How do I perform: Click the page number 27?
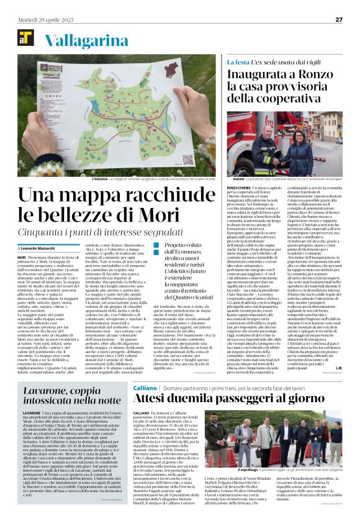[339, 19]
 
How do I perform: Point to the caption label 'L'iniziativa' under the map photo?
[99, 178]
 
